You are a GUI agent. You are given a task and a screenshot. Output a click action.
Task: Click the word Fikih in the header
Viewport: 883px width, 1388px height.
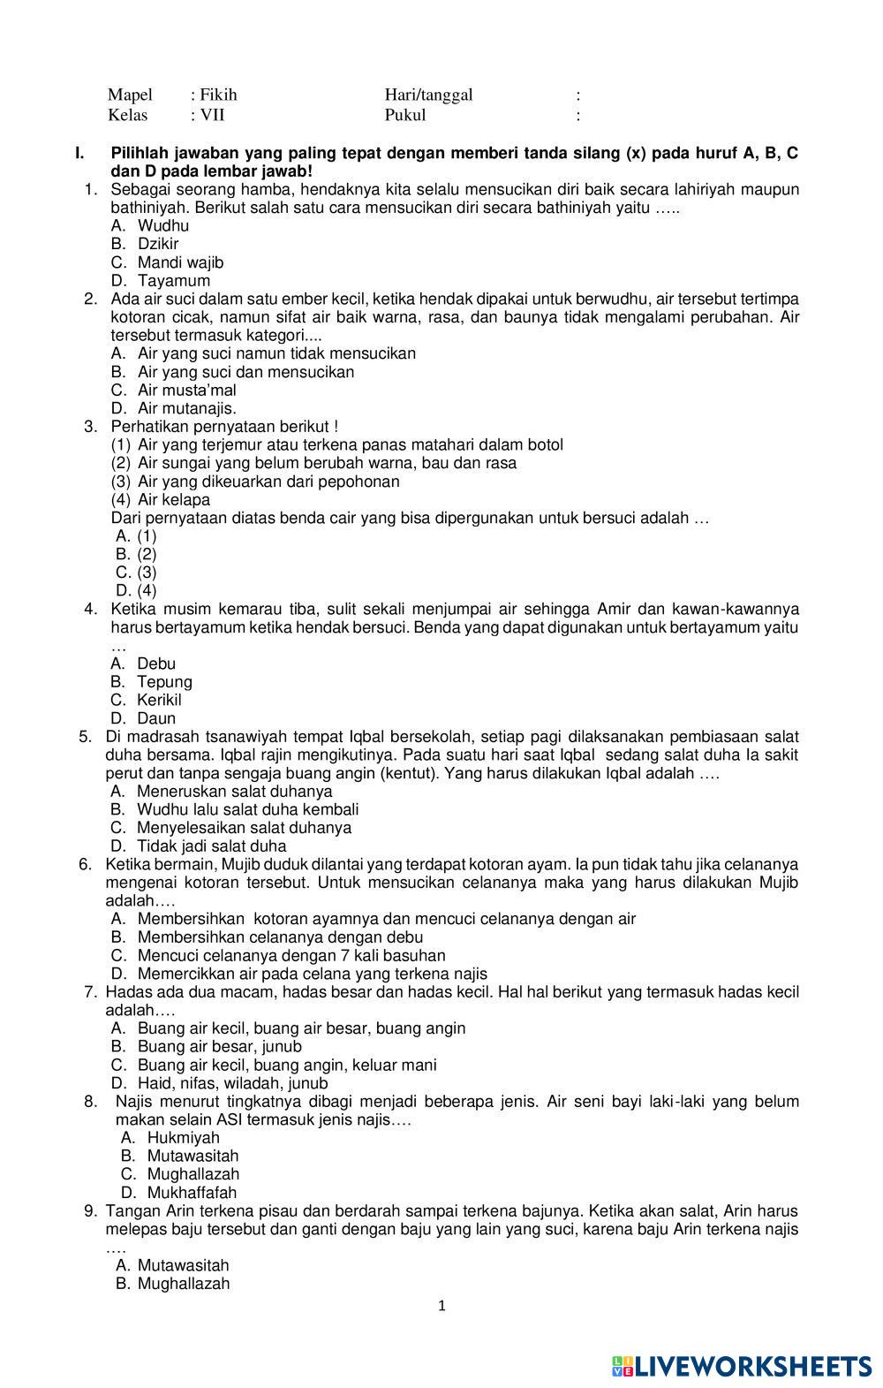click(x=218, y=95)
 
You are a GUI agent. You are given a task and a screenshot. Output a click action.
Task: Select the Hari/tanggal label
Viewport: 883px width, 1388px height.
click(x=428, y=95)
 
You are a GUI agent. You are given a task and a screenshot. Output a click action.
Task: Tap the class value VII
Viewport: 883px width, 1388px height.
click(x=213, y=115)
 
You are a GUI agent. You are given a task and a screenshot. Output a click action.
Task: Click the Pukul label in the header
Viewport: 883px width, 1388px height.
click(x=404, y=115)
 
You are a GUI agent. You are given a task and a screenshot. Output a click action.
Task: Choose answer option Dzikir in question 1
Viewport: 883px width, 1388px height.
click(x=157, y=244)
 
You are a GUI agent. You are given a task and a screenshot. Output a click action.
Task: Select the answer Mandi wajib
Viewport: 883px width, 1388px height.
click(x=180, y=262)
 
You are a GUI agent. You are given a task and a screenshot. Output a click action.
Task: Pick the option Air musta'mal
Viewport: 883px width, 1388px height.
click(x=186, y=390)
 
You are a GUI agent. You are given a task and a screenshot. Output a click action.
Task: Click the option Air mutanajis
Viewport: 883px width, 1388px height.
click(x=186, y=408)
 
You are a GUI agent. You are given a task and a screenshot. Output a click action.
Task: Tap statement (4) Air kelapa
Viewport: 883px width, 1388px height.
click(x=174, y=499)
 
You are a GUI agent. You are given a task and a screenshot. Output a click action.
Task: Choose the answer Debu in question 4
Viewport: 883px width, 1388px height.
click(x=156, y=664)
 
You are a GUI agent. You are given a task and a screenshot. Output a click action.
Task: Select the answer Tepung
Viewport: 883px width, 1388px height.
click(x=164, y=682)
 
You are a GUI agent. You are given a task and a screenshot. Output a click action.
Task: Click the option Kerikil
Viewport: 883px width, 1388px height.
click(x=159, y=700)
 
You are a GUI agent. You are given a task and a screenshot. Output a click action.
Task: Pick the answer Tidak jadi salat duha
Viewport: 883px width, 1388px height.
click(x=211, y=846)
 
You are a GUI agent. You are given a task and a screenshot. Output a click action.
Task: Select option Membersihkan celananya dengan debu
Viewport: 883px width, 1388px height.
click(x=280, y=937)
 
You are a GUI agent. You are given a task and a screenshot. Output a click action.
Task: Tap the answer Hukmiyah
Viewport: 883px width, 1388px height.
click(x=183, y=1138)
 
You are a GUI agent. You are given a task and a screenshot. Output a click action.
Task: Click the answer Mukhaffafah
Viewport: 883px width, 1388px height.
click(x=192, y=1193)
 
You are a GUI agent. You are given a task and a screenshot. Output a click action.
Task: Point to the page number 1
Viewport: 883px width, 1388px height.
click(x=442, y=1306)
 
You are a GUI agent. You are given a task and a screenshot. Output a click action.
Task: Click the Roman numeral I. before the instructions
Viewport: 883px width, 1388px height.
click(x=80, y=154)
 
